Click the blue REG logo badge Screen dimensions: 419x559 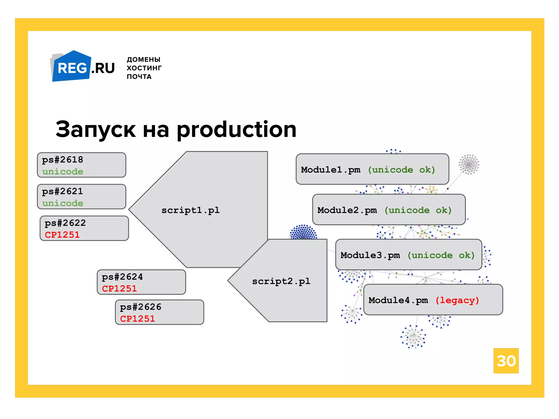tap(72, 67)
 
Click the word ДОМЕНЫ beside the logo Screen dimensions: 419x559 tap(143, 59)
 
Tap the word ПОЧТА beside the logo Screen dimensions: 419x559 tap(139, 77)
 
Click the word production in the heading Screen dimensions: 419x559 tap(236, 130)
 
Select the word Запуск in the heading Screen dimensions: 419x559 tap(96, 130)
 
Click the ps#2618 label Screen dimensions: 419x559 tap(63, 160)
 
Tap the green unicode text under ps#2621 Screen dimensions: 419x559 tap(63, 203)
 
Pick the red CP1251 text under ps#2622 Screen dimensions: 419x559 tap(62, 235)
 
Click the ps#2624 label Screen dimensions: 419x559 tap(122, 277)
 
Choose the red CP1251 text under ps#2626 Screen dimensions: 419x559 tap(138, 319)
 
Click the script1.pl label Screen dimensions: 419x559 tap(191, 210)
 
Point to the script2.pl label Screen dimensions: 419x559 tap(281, 281)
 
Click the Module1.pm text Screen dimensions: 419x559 tap(331, 170)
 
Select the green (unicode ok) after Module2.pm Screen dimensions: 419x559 tap(418, 210)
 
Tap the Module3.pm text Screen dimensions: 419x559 tap(370, 255)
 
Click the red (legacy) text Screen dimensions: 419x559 tap(457, 300)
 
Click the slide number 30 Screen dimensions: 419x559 tap(506, 361)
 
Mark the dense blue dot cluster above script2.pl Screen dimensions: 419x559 tap(303, 232)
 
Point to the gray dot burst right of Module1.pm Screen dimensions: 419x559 tap(469, 164)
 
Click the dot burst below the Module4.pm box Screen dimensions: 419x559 tap(414, 336)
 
